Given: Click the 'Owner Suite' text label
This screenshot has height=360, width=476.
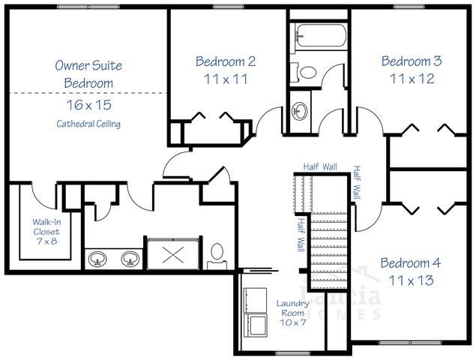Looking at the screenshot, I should pyautogui.click(x=88, y=65).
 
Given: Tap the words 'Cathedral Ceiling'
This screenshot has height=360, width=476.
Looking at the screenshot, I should pyautogui.click(x=88, y=123).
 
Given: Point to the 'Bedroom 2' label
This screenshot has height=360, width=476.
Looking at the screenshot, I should pyautogui.click(x=226, y=61).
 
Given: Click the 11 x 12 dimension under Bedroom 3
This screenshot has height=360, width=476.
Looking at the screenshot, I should pyautogui.click(x=410, y=78).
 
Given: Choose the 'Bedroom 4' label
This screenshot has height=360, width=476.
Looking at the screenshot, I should pyautogui.click(x=410, y=263).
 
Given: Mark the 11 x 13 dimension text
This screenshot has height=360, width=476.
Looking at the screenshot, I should pyautogui.click(x=410, y=280).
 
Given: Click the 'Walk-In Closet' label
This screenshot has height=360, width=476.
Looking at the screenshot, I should pyautogui.click(x=46, y=226).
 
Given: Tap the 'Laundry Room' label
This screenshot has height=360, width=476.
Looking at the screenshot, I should pyautogui.click(x=293, y=307).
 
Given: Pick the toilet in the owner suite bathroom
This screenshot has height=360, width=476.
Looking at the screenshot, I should pyautogui.click(x=217, y=252).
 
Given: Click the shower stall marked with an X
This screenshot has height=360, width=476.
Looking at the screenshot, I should pyautogui.click(x=173, y=253).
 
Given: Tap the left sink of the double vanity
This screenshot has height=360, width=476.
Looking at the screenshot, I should pyautogui.click(x=97, y=259).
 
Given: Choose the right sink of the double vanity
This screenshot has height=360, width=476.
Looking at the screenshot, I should pyautogui.click(x=130, y=259).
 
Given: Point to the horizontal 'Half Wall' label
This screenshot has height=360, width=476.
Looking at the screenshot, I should pyautogui.click(x=319, y=166).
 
